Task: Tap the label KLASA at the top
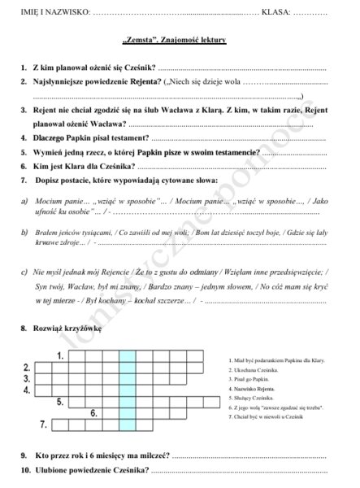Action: pos(277,12)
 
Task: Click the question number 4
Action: pos(24,137)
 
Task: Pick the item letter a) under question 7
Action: pos(24,200)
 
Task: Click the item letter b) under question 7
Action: pos(24,232)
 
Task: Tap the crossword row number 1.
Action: pos(61,356)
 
